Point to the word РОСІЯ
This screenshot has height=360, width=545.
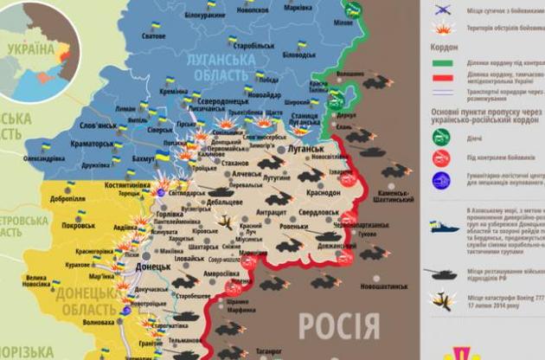coord(339,325)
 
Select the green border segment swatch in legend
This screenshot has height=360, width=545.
coord(443,62)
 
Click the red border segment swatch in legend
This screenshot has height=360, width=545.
coord(443,77)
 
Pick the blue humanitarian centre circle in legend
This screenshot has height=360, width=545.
coord(441,180)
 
